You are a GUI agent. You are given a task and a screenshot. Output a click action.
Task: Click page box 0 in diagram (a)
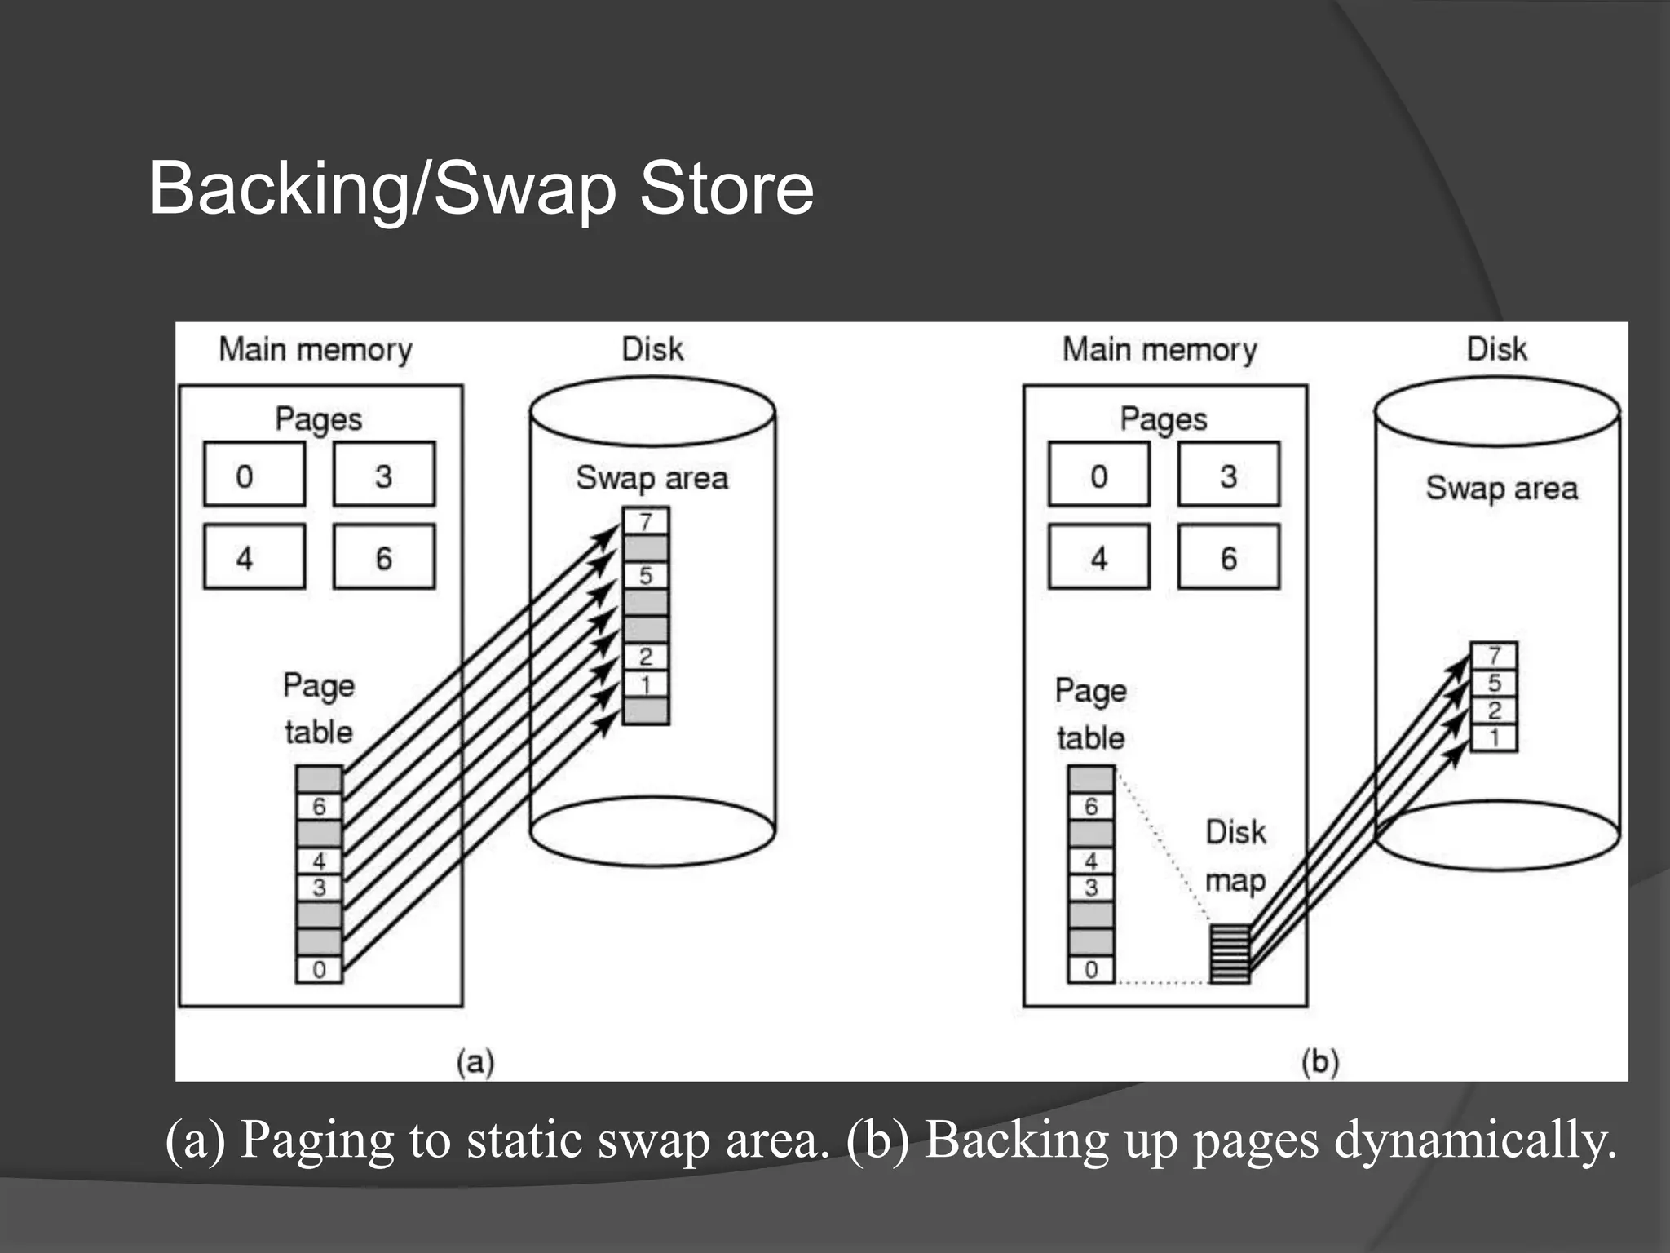(x=254, y=475)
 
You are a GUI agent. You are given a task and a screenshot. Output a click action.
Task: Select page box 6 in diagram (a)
(x=383, y=557)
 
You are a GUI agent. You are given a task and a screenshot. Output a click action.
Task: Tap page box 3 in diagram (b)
(x=1228, y=475)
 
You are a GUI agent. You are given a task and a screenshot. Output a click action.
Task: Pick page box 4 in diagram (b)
(x=1098, y=557)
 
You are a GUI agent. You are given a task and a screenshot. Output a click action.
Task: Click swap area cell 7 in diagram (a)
(x=646, y=521)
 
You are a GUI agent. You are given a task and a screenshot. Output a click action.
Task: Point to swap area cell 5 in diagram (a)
(x=646, y=575)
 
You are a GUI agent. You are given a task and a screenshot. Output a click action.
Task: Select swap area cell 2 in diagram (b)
(x=1494, y=710)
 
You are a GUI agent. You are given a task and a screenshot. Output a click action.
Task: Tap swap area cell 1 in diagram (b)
(x=1494, y=737)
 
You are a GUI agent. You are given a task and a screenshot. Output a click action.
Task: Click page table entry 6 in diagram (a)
(x=319, y=806)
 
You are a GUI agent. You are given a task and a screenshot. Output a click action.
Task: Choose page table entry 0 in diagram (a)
(x=319, y=969)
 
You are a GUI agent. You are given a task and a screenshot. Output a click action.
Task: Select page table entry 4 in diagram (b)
(x=1091, y=861)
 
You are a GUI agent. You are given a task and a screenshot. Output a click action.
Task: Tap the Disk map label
(x=1235, y=857)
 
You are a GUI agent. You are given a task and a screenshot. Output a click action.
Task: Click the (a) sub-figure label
(x=475, y=1061)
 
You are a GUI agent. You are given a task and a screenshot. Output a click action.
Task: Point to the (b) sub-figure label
(x=1320, y=1061)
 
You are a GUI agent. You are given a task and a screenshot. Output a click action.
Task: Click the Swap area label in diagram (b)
(x=1501, y=488)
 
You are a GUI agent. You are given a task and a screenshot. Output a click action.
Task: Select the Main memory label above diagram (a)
(x=316, y=349)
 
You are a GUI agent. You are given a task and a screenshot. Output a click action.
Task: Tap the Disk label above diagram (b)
(x=1496, y=349)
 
